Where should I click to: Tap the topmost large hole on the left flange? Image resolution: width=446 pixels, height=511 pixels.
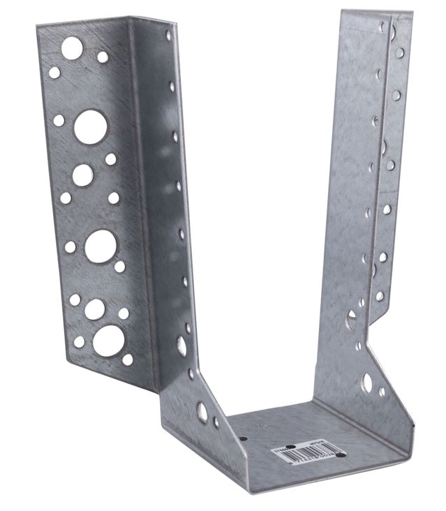(x=72, y=48)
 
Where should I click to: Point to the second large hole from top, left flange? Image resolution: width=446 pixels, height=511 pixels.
(x=91, y=126)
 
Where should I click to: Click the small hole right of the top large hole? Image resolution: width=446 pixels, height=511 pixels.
(x=103, y=57)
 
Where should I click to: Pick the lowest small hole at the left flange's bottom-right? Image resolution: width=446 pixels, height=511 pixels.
(x=128, y=360)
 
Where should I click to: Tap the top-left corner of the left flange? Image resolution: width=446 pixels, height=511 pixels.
(x=38, y=25)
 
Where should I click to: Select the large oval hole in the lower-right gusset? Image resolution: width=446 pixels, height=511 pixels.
(x=367, y=383)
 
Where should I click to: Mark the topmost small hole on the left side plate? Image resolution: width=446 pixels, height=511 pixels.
(x=168, y=34)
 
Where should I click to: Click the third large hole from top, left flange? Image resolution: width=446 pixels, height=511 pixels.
(x=83, y=175)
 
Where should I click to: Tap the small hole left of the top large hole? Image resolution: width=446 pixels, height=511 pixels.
(x=54, y=72)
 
